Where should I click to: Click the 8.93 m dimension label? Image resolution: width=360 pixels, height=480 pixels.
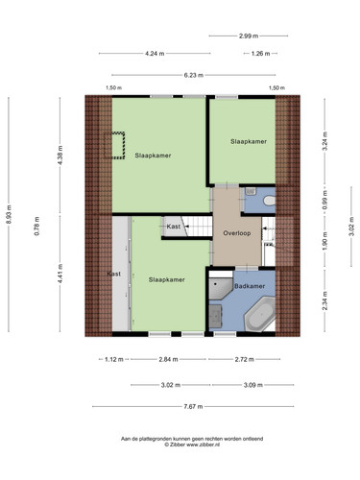coord(9,214)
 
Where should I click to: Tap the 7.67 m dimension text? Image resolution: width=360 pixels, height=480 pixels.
coord(193,407)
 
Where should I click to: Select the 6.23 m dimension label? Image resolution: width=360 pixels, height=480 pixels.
coord(194,75)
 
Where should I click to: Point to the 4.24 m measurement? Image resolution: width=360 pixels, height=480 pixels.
coord(155,54)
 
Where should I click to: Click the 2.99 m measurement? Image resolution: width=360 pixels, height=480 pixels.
coord(249,36)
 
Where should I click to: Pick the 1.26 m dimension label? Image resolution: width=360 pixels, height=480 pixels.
coord(260,54)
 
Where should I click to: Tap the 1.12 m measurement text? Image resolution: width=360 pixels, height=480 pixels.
coord(114,359)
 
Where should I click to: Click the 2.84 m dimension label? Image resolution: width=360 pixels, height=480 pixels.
coord(168,359)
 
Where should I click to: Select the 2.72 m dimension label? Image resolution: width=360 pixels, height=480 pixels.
coord(245,359)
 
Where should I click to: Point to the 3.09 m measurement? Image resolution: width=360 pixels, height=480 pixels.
coord(253,385)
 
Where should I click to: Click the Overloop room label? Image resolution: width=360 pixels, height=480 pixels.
coord(237,233)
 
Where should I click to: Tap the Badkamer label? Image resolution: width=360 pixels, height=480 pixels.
coord(250,286)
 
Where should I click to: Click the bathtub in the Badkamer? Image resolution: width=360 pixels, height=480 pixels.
coord(260,314)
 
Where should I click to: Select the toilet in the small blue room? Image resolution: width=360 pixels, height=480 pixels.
coord(270,201)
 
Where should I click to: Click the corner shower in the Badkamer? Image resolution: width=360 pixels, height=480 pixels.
coord(221,289)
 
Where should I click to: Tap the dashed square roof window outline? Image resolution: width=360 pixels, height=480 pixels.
coord(114,145)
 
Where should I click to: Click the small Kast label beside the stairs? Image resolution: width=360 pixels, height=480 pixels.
coord(174,227)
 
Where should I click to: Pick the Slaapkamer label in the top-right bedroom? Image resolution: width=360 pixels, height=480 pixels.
coord(249,141)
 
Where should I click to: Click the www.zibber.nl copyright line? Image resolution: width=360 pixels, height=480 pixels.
coord(192,444)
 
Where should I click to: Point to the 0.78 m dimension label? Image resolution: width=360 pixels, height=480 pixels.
coord(37,227)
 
